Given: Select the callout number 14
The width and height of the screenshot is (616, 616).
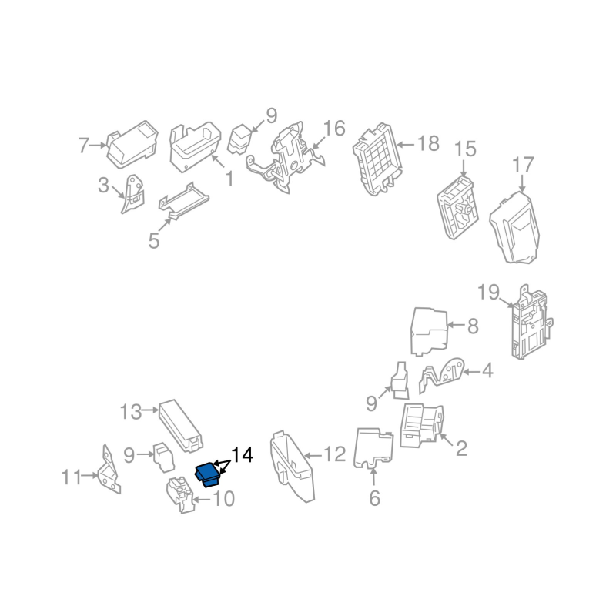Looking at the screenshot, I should tap(242, 455).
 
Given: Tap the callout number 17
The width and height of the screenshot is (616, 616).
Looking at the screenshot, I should tap(522, 165).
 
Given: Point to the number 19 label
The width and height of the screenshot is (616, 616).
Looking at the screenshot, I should tap(489, 293).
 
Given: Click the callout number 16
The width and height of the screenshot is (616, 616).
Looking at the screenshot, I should tap(334, 128).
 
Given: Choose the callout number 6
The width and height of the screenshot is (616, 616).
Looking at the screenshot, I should tap(374, 498).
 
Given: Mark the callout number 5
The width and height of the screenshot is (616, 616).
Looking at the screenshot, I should tap(154, 241).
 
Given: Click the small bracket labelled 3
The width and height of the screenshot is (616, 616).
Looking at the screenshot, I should tap(132, 194).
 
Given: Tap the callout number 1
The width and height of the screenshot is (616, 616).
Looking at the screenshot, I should tap(229, 179).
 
